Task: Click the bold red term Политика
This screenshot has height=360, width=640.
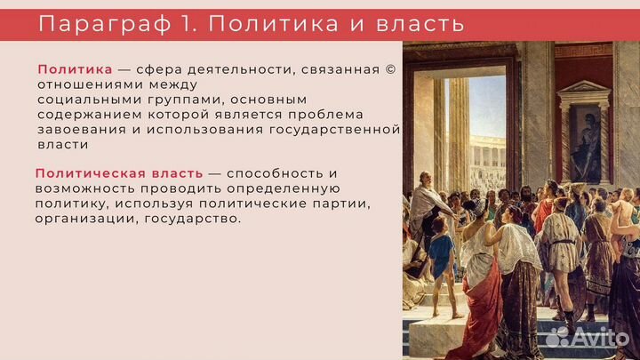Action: click(75, 70)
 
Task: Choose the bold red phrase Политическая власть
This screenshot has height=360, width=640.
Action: click(119, 173)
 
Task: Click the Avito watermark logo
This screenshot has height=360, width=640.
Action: click(592, 335)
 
